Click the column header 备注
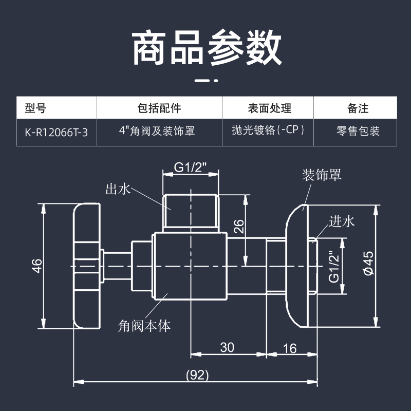(358, 108)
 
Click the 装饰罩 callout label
(322, 175)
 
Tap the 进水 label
(342, 221)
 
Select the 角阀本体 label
(144, 325)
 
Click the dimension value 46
(36, 266)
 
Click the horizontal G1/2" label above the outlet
(190, 167)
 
